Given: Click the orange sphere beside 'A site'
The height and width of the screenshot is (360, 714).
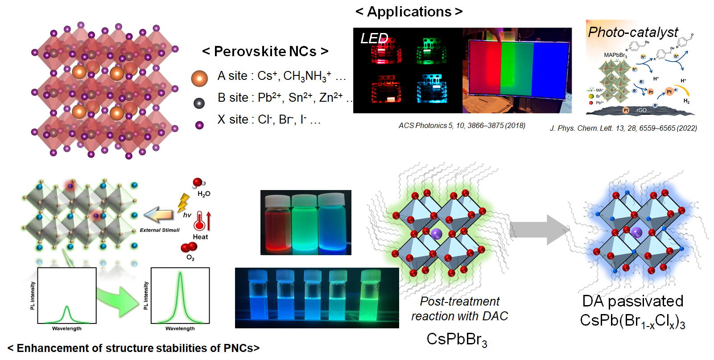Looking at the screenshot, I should (x=199, y=78).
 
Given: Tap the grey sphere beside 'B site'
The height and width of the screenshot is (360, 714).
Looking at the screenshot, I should (x=199, y=103).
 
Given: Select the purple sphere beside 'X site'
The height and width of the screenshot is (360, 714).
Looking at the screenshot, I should (x=199, y=125).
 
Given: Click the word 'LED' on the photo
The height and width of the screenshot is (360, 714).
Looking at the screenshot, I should (x=374, y=38).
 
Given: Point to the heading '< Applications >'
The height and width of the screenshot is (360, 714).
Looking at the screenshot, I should (x=409, y=12).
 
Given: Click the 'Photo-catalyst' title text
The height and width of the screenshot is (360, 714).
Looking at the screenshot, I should (x=633, y=32).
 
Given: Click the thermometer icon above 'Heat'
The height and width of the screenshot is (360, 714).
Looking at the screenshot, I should (x=200, y=220).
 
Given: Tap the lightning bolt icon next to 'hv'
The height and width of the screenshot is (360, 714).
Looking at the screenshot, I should (x=183, y=203).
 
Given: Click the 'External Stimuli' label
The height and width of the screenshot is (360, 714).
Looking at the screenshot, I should (x=160, y=230).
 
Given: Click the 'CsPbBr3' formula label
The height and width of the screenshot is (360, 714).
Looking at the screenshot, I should (x=457, y=339).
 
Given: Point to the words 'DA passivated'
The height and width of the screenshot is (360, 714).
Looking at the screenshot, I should (x=632, y=301).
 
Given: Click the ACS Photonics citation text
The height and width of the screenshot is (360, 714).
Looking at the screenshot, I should (x=462, y=126).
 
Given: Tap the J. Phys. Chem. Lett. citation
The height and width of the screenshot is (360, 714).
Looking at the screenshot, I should (x=623, y=128).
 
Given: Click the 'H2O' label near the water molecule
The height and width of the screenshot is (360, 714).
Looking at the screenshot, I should (x=204, y=194).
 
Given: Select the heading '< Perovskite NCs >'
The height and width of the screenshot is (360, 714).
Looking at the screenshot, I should (x=265, y=52).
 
